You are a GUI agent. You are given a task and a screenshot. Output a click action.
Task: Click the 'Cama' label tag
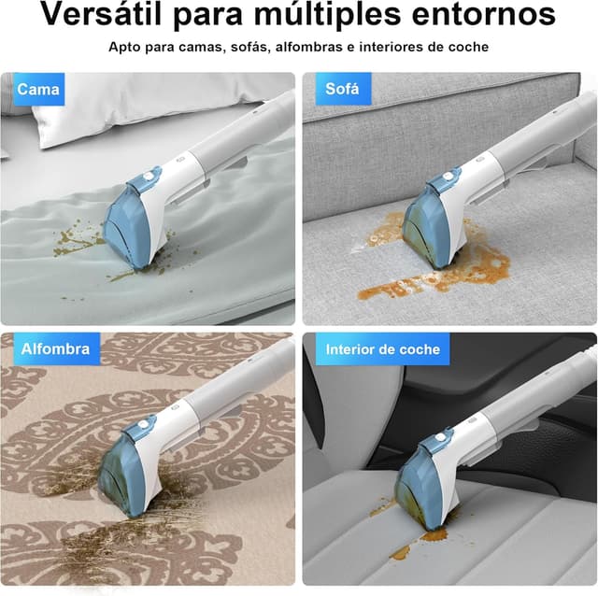38,91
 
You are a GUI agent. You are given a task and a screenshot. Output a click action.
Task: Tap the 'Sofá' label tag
342,91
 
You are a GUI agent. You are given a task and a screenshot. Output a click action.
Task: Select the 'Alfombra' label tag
56,349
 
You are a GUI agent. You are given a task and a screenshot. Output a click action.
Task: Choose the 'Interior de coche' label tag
375,350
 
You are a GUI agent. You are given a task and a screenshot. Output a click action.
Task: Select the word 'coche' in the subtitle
467,47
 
